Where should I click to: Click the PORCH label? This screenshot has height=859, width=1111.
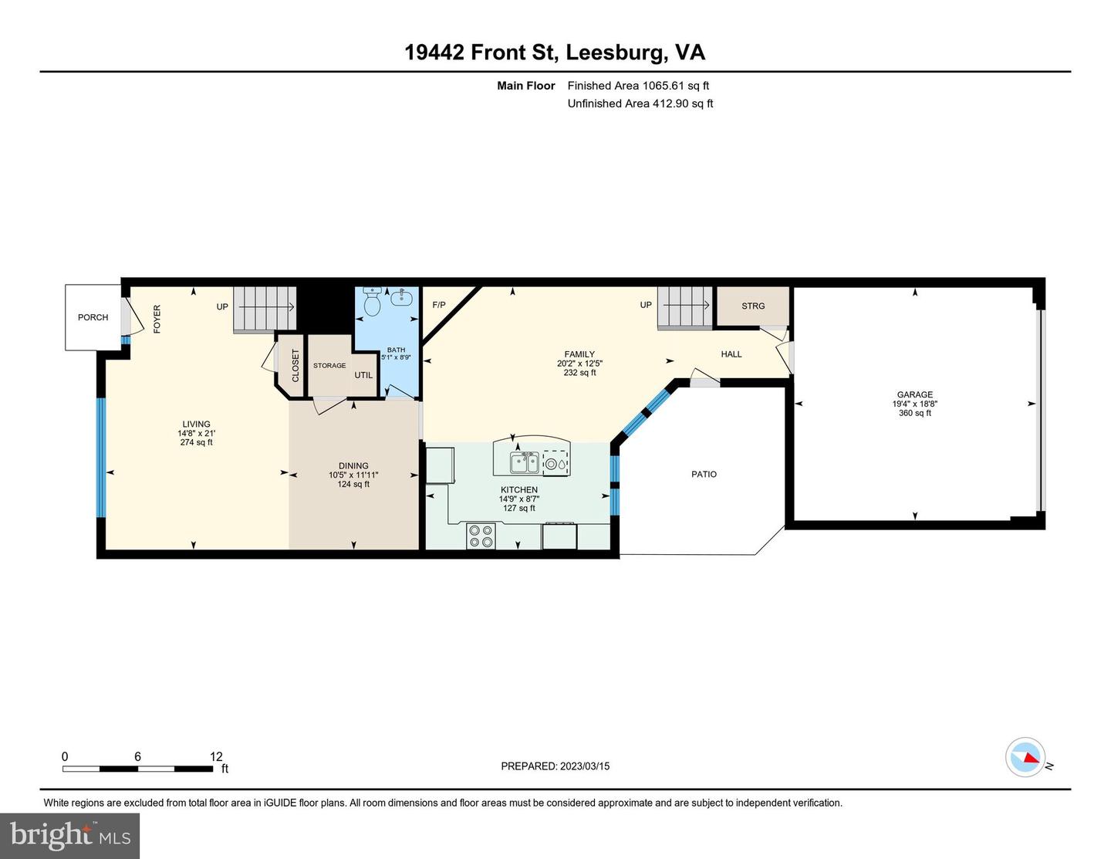pos(93,317)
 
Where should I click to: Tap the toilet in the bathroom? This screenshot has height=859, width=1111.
pos(372,301)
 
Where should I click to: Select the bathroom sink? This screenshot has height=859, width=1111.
pos(401,296)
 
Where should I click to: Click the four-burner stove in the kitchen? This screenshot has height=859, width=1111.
pos(481,536)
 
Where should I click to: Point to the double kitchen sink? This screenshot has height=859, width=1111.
pos(524,463)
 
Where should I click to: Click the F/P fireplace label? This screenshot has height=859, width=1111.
pos(439,306)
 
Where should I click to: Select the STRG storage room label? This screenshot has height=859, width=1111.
pos(753,306)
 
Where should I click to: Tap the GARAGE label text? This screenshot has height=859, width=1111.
pos(915,394)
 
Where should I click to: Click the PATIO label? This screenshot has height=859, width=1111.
pos(704,475)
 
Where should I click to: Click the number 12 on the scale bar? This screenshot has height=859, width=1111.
pos(216,756)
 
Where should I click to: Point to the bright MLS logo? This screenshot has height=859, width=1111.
pos(70,836)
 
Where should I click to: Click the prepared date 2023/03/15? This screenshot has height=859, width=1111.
pos(585,766)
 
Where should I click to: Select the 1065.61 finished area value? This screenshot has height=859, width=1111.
pos(663,86)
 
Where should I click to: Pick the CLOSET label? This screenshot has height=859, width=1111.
pos(295,366)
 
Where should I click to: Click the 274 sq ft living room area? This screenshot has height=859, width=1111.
pos(196,442)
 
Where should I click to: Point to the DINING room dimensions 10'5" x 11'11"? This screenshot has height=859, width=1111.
pos(353,475)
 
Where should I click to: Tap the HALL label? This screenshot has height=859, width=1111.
pos(731,354)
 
